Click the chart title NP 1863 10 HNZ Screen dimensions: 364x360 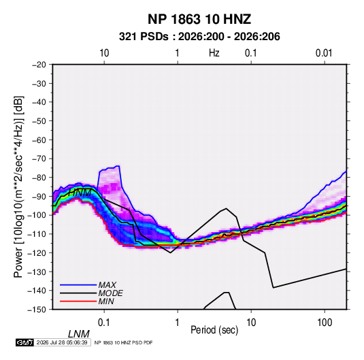[199, 19]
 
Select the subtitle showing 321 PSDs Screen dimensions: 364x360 [199, 37]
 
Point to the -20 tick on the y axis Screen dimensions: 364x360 [39, 65]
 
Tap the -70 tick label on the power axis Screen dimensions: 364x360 [39, 159]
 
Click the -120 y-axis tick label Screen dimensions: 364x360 [37, 252]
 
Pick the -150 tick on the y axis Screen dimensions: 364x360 [37, 310]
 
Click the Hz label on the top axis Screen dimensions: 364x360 [214, 53]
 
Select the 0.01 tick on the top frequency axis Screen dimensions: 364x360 [324, 53]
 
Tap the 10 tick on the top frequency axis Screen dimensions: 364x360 [104, 53]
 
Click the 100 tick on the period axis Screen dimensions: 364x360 [325, 323]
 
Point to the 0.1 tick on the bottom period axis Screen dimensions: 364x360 [104, 323]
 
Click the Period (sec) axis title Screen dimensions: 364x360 [214, 330]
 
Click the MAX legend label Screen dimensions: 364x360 [107, 285]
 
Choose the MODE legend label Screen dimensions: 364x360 [110, 293]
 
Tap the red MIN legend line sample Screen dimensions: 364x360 [78, 301]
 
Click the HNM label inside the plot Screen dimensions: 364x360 [80, 193]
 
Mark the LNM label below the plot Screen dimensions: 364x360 [79, 334]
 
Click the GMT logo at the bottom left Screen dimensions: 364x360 [25, 342]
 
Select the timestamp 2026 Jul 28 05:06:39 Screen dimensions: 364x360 [62, 342]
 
